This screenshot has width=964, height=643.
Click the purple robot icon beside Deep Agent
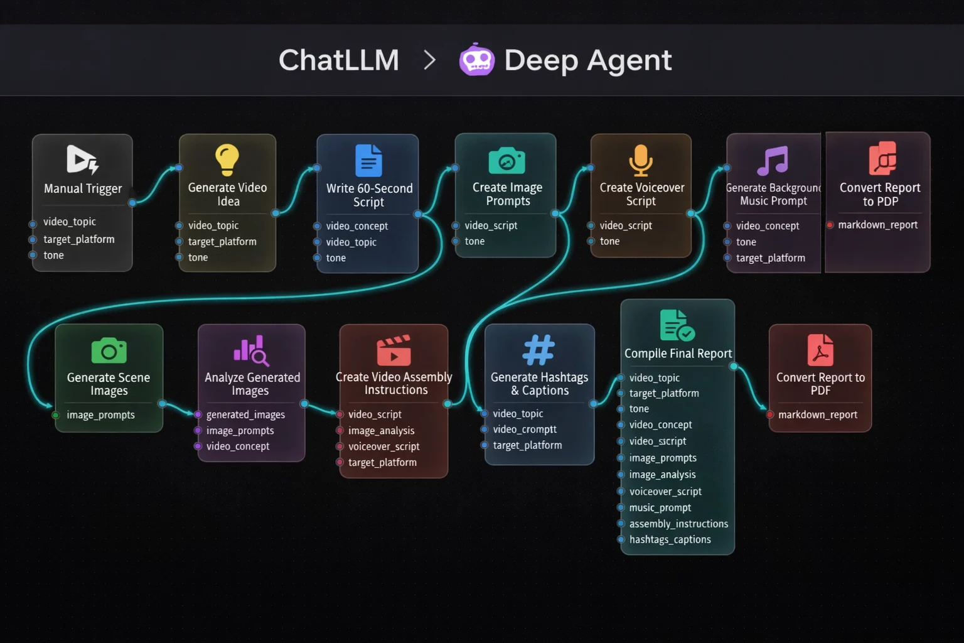click(x=476, y=60)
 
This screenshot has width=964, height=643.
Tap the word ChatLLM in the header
click(x=339, y=60)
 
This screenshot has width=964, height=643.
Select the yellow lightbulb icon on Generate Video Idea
click(x=227, y=159)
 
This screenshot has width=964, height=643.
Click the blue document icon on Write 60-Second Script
click(x=368, y=160)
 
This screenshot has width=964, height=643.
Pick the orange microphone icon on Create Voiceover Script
click(x=641, y=160)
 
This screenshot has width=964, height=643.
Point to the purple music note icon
click(x=773, y=160)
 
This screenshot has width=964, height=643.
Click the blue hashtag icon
click(x=539, y=350)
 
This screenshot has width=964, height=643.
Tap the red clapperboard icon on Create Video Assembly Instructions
click(x=394, y=350)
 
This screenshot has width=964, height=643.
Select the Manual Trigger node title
click(x=83, y=188)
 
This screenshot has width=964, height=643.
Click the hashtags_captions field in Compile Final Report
click(x=670, y=539)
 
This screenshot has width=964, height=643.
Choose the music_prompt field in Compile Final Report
click(x=660, y=507)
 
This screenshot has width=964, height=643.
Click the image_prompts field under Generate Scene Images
click(x=100, y=415)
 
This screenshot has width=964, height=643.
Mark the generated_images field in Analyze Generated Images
click(x=245, y=414)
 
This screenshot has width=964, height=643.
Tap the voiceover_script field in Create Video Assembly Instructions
click(x=383, y=446)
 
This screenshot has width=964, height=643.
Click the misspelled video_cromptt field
click(x=525, y=430)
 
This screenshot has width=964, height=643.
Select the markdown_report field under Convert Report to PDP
click(x=877, y=225)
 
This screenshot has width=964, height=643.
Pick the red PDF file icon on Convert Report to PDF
click(x=820, y=350)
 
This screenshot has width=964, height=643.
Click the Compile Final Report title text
click(x=678, y=354)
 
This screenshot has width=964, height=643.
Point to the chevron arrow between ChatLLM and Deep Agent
click(x=430, y=60)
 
